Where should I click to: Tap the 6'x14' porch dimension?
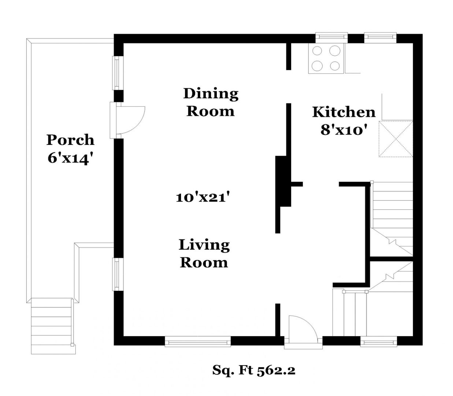70,158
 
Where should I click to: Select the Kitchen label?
344,112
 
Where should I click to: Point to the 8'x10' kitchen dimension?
342,130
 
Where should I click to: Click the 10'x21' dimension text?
202,197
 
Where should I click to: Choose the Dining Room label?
211,102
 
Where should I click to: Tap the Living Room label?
204,254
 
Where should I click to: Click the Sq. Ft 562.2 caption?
254,370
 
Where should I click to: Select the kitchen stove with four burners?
326,58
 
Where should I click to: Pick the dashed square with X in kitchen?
396,139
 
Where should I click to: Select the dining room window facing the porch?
118,73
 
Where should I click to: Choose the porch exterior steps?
53,326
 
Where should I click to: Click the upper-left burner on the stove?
317,51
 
